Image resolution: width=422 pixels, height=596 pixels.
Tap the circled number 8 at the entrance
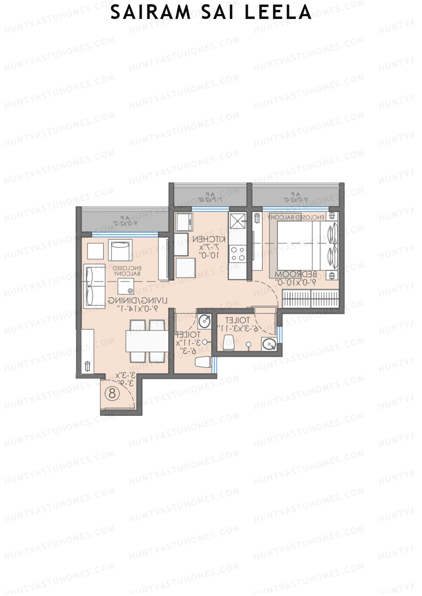pos(112,393)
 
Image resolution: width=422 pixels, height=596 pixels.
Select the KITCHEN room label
pos(209,239)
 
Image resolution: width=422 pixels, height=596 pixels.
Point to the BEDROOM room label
pos(295,274)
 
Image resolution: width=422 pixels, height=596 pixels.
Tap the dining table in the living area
pos(147,341)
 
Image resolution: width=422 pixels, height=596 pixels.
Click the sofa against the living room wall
pos(94,287)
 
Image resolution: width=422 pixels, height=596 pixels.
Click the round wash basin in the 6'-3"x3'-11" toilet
pos(269,344)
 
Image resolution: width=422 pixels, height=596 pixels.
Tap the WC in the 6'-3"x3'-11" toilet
pos(229,342)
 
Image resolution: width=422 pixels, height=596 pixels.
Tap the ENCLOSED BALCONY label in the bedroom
pos(296,218)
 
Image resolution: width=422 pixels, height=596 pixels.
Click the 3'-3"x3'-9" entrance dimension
pos(125,379)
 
